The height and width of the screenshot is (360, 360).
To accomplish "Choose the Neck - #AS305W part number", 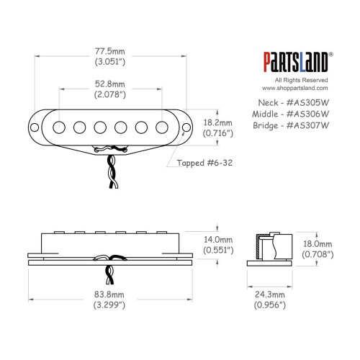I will click(x=291, y=102).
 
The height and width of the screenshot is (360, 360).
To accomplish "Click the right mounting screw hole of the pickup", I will click(x=186, y=127).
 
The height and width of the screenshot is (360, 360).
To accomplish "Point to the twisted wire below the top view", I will click(x=112, y=173).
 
